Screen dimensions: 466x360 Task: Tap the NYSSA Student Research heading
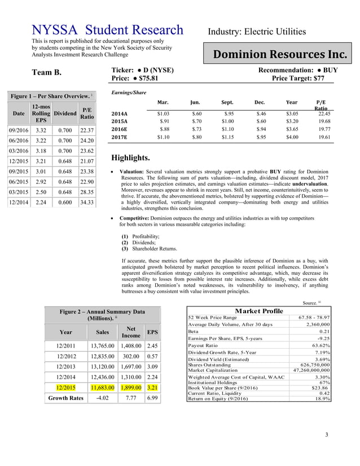pos(107,30)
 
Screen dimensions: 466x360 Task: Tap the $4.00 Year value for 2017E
pos(292,137)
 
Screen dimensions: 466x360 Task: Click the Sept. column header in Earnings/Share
pos(227,103)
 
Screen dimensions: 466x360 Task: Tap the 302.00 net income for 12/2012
pos(130,356)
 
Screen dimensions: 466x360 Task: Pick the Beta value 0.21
pos(324,332)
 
